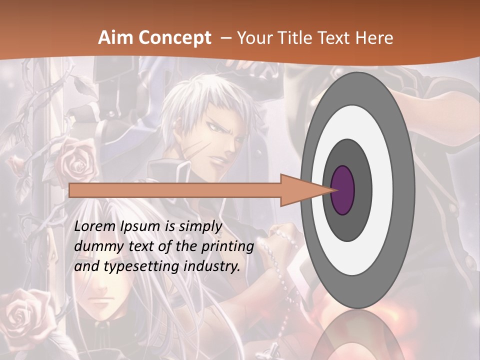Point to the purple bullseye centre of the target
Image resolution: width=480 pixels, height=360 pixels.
[x=343, y=190]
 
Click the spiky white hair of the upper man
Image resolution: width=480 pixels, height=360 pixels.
[x=200, y=100]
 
